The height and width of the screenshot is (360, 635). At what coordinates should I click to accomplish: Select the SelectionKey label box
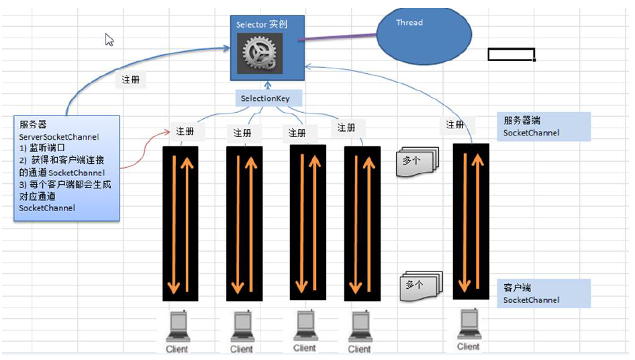pos(268,99)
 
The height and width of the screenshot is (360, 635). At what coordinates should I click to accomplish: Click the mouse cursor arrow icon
pos(109,40)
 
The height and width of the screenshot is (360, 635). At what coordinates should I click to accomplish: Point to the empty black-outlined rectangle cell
pos(511,54)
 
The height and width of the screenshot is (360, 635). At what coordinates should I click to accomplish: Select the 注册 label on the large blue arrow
pos(131,79)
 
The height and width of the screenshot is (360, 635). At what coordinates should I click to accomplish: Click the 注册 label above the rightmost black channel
pos(455,124)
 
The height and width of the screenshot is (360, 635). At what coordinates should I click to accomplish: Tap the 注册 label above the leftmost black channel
pos(185,131)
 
